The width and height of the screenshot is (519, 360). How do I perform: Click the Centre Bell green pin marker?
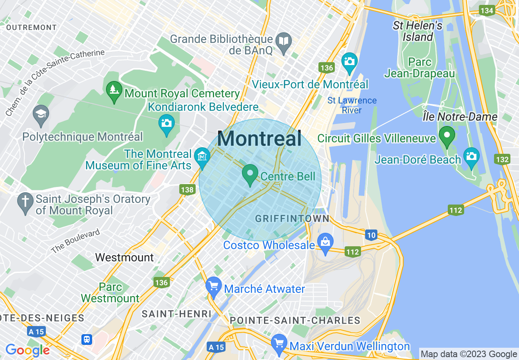pyautogui.click(x=250, y=175)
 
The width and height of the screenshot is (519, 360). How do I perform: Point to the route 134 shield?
pyautogui.click(x=487, y=11)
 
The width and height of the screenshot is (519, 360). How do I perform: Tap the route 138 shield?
pyautogui.click(x=187, y=189)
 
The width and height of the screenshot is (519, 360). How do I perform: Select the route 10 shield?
pyautogui.click(x=371, y=235)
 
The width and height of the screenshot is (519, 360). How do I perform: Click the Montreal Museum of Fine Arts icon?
pyautogui.click(x=203, y=157)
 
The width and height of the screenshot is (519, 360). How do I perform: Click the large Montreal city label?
pyautogui.click(x=259, y=139)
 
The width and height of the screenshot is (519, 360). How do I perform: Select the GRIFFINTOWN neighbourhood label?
pyautogui.click(x=292, y=219)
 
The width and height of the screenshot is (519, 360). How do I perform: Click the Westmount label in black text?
pyautogui.click(x=124, y=257)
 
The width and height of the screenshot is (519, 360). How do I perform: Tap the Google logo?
pyautogui.click(x=27, y=350)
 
